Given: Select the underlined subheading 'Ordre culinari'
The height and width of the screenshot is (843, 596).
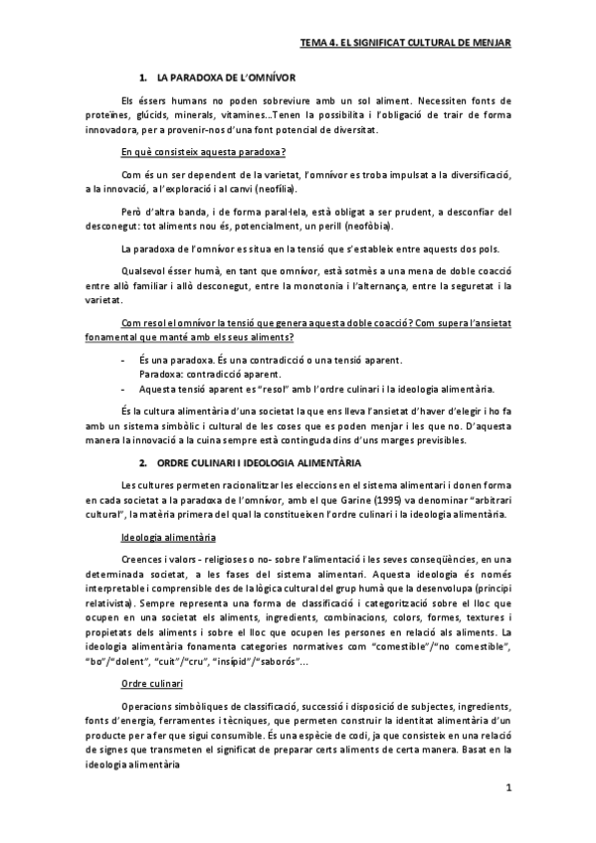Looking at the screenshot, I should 146,711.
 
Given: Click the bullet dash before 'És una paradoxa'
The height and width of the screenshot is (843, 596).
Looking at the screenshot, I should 121,358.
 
